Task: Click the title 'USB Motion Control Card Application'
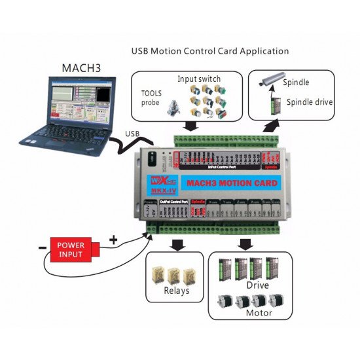tap(209, 50)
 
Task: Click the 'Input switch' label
tap(196, 79)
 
